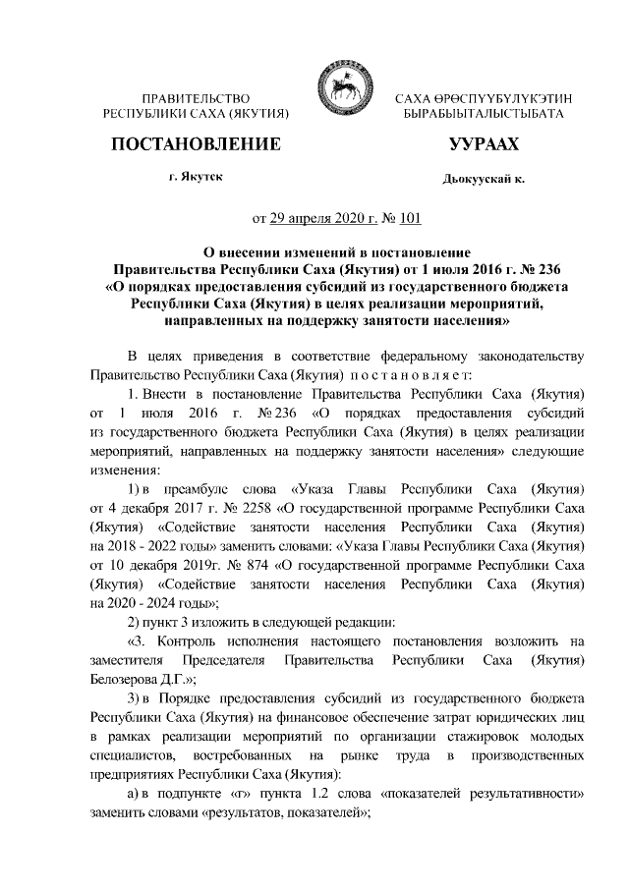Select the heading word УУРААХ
pos(483,145)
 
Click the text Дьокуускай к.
pos(484,181)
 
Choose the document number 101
pos(411,218)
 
